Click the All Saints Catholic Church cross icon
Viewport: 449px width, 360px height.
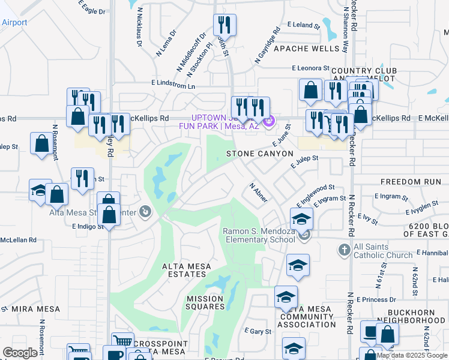[x=345, y=249]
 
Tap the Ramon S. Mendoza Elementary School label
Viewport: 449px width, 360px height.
[x=259, y=235]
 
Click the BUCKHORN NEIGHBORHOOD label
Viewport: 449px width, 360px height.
[x=417, y=317]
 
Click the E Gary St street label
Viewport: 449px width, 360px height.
[x=258, y=331]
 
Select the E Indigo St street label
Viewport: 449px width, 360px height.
[x=88, y=227]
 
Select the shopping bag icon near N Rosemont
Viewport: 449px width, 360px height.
[x=41, y=143]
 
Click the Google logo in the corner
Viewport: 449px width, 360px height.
[x=20, y=353]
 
